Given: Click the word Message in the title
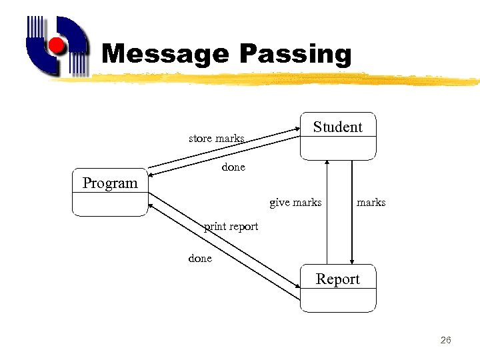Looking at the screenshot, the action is pyautogui.click(x=164, y=54).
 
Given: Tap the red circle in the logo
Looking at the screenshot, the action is pyautogui.click(x=58, y=45).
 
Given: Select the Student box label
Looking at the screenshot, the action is pyautogui.click(x=337, y=127).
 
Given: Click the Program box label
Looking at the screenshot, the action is pyautogui.click(x=109, y=183).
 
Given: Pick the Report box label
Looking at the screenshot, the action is pyautogui.click(x=337, y=279).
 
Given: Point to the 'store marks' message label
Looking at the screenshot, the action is pyautogui.click(x=216, y=139).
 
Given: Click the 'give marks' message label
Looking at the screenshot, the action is pyautogui.click(x=295, y=202).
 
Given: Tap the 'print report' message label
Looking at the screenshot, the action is pyautogui.click(x=231, y=226).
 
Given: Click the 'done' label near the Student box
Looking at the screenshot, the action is pyautogui.click(x=233, y=167).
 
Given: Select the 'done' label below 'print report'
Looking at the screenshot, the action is pyautogui.click(x=200, y=258).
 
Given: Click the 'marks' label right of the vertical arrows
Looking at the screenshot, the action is pyautogui.click(x=371, y=202).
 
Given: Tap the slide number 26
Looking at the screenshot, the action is pyautogui.click(x=446, y=341).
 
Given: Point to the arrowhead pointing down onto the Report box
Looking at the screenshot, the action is pyautogui.click(x=352, y=262).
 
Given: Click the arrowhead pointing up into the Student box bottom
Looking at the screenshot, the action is pyautogui.click(x=327, y=162).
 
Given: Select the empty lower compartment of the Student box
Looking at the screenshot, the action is pyautogui.click(x=337, y=148).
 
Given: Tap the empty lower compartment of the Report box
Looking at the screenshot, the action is pyautogui.click(x=337, y=300).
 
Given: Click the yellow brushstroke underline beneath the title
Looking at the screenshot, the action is pyautogui.click(x=267, y=79).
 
